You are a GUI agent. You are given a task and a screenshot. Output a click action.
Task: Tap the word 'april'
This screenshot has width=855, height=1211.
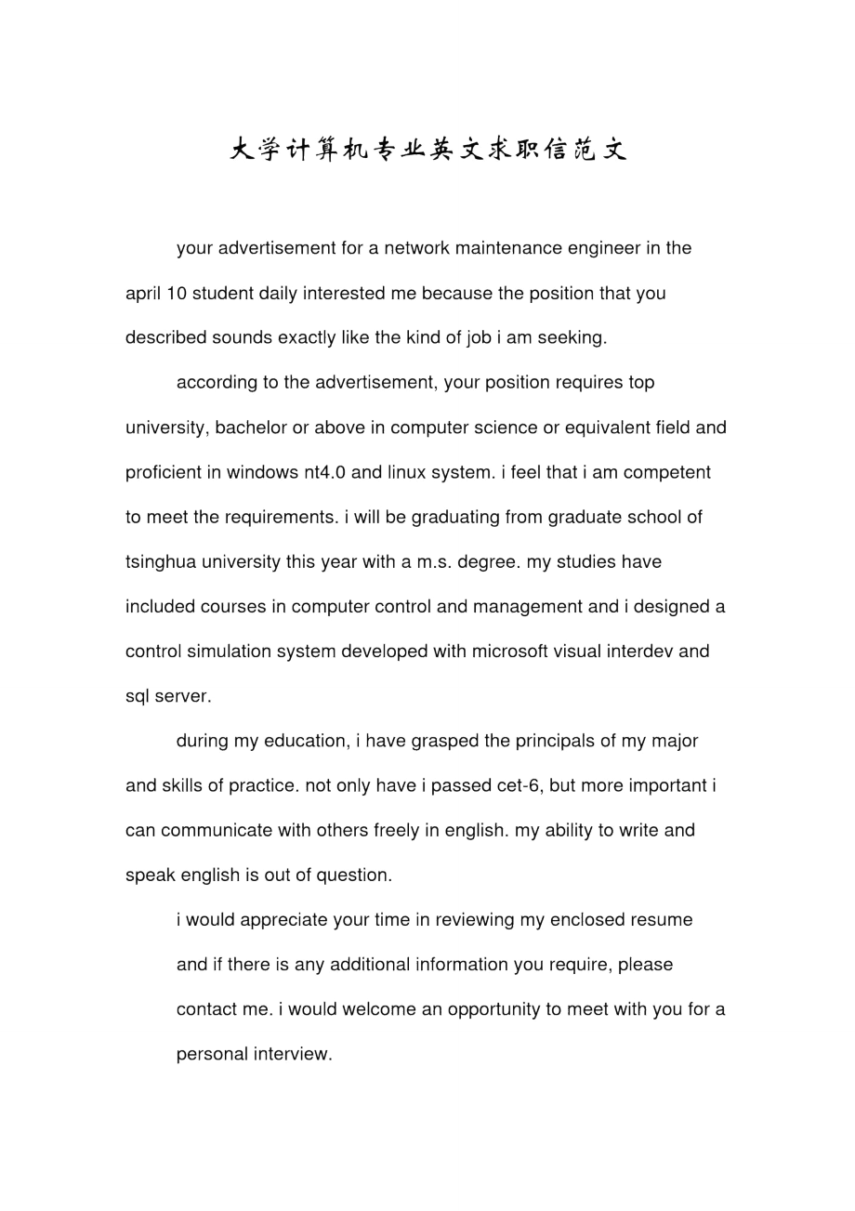pos(143,294)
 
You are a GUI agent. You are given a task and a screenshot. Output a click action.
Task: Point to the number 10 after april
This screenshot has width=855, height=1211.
pos(177,294)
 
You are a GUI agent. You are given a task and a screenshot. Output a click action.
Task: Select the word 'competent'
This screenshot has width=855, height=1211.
pos(667,472)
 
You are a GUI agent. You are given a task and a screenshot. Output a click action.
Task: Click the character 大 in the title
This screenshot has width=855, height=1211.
pos(242,150)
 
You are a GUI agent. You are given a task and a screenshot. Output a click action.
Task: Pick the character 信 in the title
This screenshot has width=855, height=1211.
pos(556,150)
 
